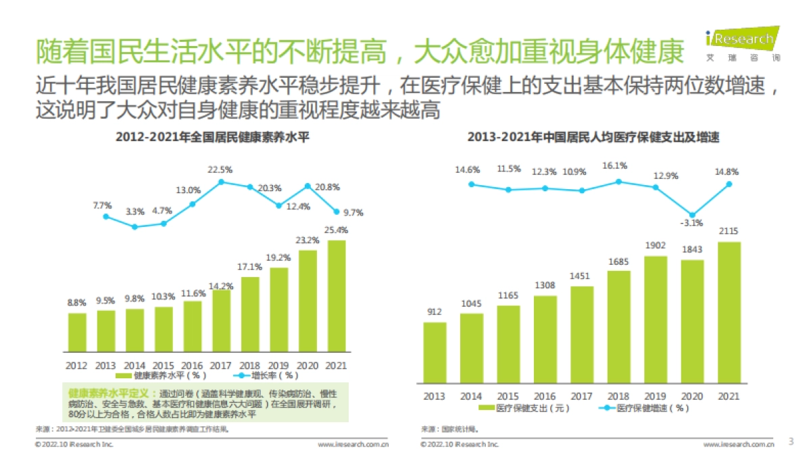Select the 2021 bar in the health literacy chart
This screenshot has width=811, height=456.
point(337,297)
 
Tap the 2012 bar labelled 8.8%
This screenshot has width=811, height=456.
point(76,332)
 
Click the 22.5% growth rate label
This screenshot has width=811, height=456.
point(220,170)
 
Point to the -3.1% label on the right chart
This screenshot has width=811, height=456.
point(692,223)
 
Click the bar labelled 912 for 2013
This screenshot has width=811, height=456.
point(435,351)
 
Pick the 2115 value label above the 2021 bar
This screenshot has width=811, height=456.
point(729,232)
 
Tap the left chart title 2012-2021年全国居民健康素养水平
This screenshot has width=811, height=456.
point(212,136)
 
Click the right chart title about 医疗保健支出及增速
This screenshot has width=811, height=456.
point(593,136)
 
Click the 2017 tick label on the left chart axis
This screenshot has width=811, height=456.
point(221,365)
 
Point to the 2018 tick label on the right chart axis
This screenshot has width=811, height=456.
point(618,397)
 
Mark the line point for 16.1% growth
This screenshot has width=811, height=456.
point(618,181)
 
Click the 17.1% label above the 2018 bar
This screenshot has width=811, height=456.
point(250,266)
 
